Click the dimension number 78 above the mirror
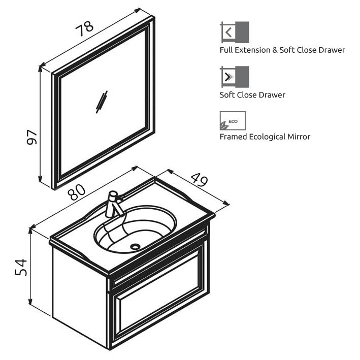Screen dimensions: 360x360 [x=84, y=29]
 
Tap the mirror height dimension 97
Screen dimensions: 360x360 [x=32, y=137]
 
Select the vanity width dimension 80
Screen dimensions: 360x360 [x=77, y=192]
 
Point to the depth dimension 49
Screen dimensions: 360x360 [x=199, y=180]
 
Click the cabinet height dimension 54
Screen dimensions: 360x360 [x=21, y=267]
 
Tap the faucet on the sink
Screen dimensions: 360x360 [x=114, y=204]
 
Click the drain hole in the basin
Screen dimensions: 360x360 [x=135, y=247]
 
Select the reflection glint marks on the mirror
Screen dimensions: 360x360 [x=102, y=102]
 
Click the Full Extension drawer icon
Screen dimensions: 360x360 [x=235, y=32]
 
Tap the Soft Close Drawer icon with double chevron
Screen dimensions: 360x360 [x=235, y=77]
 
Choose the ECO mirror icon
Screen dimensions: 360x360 [x=233, y=121]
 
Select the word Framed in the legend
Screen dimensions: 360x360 [x=233, y=137]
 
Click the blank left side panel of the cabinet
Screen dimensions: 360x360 [x=79, y=296]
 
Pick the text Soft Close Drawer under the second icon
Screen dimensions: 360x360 [x=252, y=95]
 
